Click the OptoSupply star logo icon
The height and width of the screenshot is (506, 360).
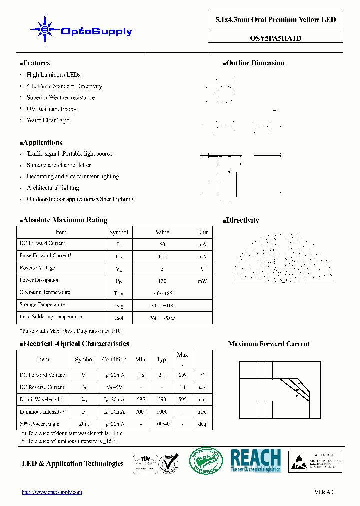click(x=44, y=30)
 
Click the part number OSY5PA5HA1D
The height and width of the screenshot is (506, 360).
click(x=275, y=37)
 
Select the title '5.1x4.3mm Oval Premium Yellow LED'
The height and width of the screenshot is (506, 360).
click(x=275, y=20)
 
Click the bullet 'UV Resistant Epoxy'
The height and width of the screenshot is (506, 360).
click(x=51, y=109)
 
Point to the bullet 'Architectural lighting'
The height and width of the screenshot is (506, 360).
click(x=53, y=188)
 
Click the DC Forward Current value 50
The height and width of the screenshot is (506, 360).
click(x=162, y=244)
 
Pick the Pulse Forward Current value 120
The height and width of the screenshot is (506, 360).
click(x=162, y=256)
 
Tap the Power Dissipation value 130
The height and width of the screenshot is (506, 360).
click(x=162, y=281)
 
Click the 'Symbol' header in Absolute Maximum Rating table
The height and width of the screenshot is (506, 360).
click(x=119, y=232)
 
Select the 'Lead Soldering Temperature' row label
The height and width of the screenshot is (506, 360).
click(x=50, y=317)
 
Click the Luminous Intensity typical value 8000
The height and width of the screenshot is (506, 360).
click(x=162, y=412)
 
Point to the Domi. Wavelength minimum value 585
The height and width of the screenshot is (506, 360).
click(x=141, y=399)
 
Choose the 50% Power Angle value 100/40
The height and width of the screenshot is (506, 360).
click(x=162, y=424)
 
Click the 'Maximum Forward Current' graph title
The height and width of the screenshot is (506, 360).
click(x=268, y=344)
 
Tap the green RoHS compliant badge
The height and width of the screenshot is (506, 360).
click(x=206, y=461)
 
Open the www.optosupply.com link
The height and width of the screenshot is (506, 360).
click(x=52, y=492)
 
